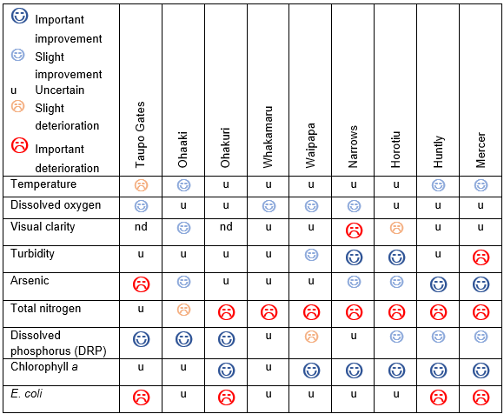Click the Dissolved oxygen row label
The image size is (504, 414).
point(56,205)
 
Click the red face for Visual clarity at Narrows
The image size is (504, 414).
point(354,230)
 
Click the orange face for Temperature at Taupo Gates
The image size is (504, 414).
point(141,185)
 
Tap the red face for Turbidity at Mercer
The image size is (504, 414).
point(481,258)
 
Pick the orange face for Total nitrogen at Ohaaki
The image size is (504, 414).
point(183,310)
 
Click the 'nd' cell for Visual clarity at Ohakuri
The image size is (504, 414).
point(226,227)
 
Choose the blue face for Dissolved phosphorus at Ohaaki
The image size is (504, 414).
point(183,339)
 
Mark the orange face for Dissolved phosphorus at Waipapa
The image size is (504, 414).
point(310,337)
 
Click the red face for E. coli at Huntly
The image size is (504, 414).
point(439,398)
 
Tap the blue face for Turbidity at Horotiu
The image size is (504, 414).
point(396,258)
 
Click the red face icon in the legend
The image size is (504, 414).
point(19,144)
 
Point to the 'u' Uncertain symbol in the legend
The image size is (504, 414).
point(13,90)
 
